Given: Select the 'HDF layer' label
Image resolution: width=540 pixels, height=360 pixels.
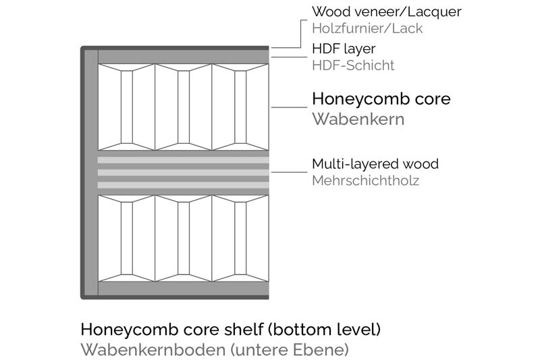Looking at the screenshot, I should tap(344, 49).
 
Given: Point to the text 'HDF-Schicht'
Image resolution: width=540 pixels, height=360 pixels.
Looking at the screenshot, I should tap(353, 66).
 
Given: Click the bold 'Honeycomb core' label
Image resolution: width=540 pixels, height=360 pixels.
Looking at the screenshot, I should tap(381, 99).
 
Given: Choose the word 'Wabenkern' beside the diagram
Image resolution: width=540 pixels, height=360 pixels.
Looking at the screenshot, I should tap(358, 120).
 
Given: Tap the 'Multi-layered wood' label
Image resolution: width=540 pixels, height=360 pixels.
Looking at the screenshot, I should tap(375, 164).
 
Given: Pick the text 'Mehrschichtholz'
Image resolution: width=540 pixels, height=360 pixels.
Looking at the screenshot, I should tap(365, 181).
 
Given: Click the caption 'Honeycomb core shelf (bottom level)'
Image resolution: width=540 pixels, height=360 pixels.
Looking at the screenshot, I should tap(231, 330).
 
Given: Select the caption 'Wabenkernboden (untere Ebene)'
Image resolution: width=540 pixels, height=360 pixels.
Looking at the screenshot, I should tap(214, 351).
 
